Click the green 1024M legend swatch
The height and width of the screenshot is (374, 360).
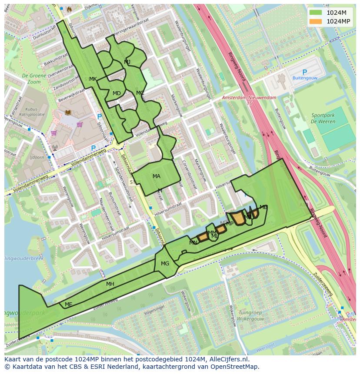(316, 13)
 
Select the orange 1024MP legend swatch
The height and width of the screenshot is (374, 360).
(316, 21)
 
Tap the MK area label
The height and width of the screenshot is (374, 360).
(93, 79)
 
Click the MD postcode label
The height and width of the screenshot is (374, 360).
(117, 93)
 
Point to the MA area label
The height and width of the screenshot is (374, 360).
(157, 176)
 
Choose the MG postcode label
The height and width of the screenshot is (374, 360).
(165, 264)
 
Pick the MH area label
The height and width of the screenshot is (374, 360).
(110, 284)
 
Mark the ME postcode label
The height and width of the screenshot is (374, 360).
(68, 304)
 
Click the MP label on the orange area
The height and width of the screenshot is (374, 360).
(230, 224)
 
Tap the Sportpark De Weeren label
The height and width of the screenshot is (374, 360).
(323, 119)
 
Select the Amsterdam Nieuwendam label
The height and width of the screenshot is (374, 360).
(249, 98)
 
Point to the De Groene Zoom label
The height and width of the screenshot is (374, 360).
(31, 78)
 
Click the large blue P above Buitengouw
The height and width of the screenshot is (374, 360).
(304, 73)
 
